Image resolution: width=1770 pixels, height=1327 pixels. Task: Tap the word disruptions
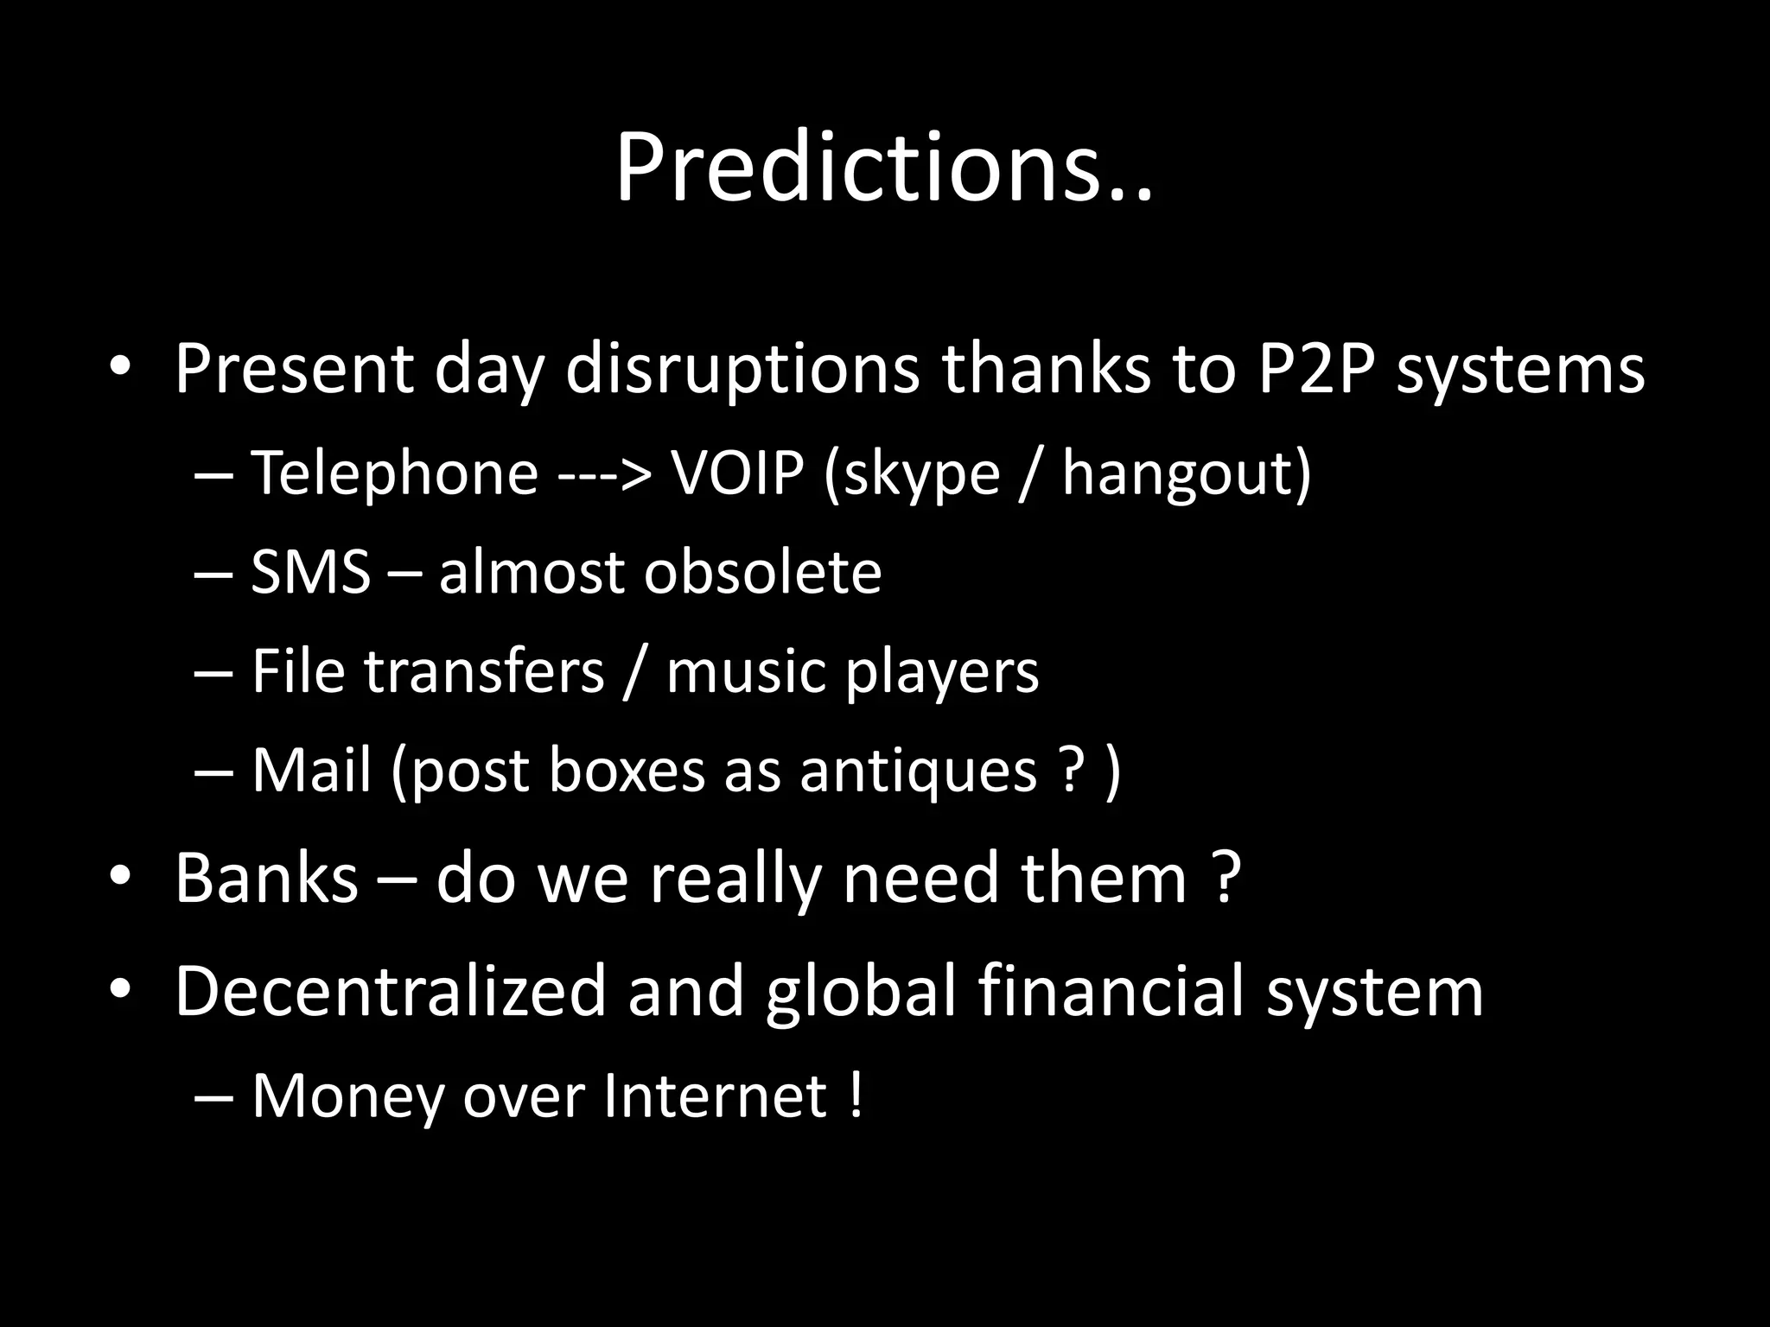(742, 369)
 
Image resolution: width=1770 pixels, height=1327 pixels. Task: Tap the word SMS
(310, 572)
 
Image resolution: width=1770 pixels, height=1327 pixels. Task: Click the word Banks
(266, 878)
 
